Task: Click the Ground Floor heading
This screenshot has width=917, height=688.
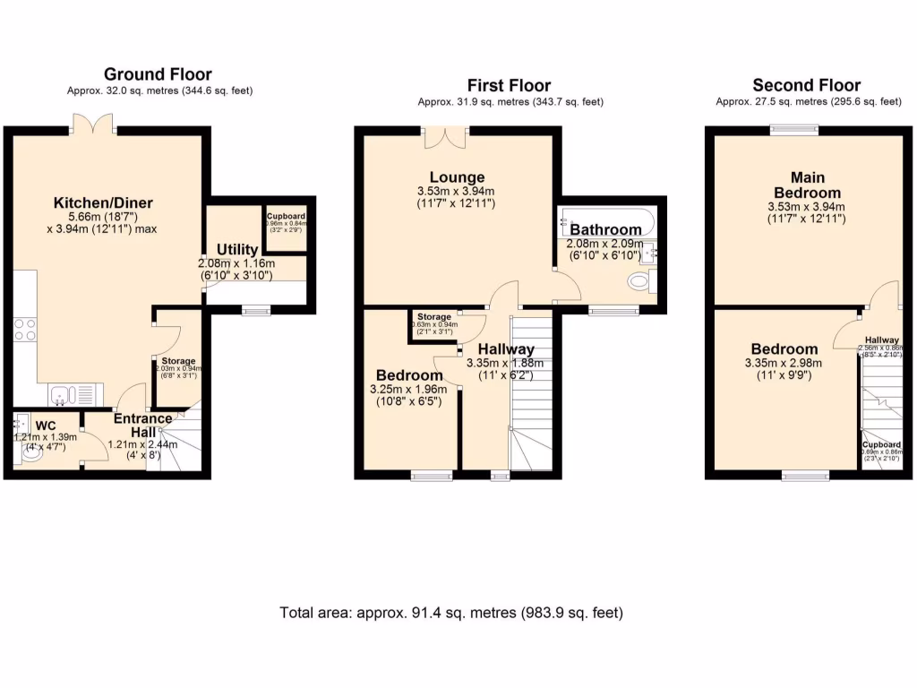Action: pyautogui.click(x=158, y=74)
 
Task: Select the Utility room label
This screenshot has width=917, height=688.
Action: pyautogui.click(x=237, y=249)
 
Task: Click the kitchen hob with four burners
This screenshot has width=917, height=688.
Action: pyautogui.click(x=26, y=330)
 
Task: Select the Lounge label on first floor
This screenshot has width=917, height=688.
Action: pyautogui.click(x=456, y=177)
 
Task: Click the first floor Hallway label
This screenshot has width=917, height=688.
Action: pyautogui.click(x=506, y=348)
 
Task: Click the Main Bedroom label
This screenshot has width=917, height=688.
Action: pyautogui.click(x=807, y=185)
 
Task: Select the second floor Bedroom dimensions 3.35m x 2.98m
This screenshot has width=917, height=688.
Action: pyautogui.click(x=784, y=369)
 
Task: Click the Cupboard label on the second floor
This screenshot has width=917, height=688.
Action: pyautogui.click(x=882, y=444)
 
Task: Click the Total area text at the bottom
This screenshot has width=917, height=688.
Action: pyautogui.click(x=451, y=613)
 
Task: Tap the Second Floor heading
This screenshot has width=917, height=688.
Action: pyautogui.click(x=806, y=85)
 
